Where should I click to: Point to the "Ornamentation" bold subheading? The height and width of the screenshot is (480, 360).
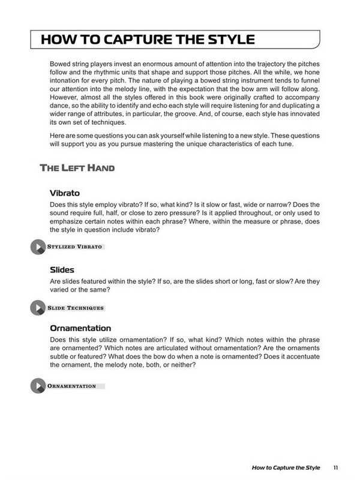pos(81,329)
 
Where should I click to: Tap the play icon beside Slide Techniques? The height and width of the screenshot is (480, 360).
pos(37,308)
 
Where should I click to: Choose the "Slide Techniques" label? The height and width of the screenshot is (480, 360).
pos(76,308)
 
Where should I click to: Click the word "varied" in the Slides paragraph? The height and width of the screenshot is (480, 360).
pos(61,290)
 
